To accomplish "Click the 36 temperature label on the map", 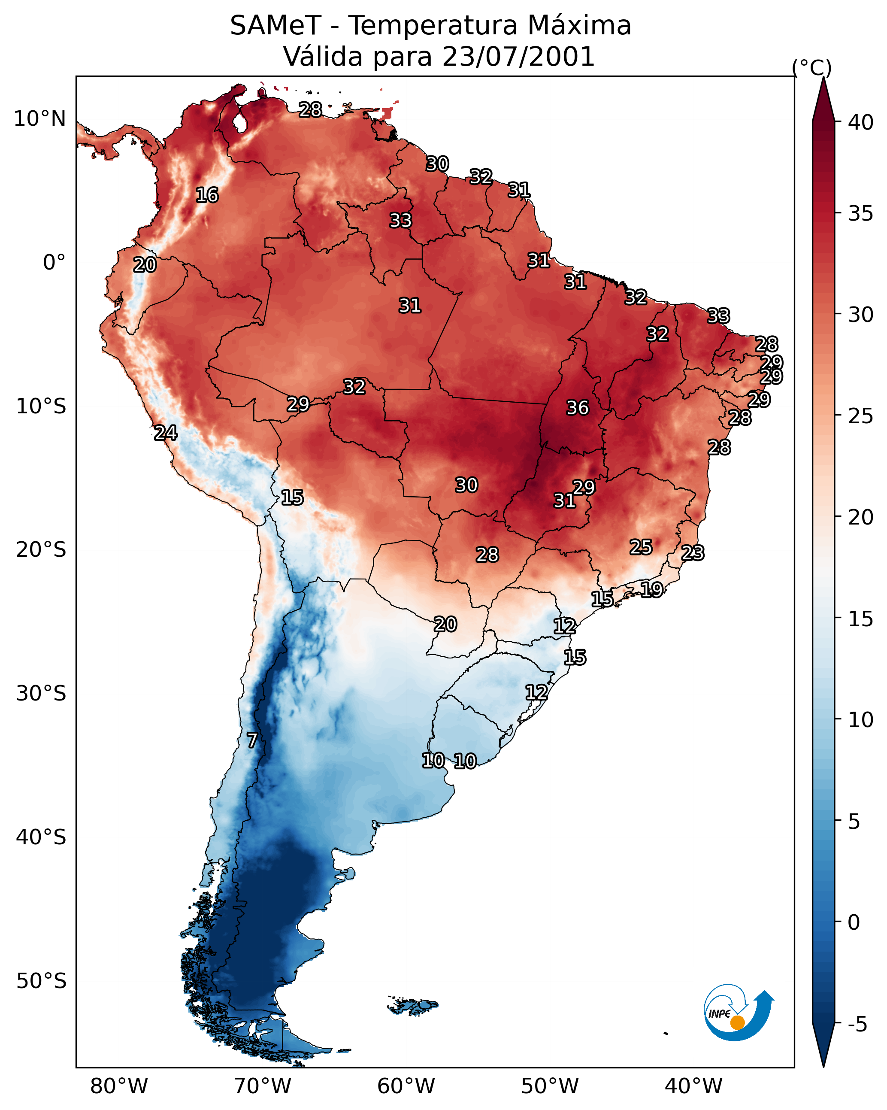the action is click(x=577, y=408).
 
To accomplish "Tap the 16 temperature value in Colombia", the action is click(x=207, y=195).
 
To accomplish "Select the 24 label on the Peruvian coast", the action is click(x=166, y=433).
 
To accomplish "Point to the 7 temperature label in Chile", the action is click(x=252, y=740).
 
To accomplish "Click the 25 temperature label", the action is click(x=641, y=547).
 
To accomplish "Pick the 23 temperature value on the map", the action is click(x=693, y=553).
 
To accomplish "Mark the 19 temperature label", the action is click(x=652, y=589).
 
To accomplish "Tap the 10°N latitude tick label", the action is click(x=39, y=119).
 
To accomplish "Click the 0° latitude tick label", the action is click(x=54, y=263).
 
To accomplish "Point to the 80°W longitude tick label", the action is click(x=119, y=1086).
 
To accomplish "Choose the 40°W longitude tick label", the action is click(x=693, y=1086).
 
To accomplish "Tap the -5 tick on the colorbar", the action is click(x=857, y=1025).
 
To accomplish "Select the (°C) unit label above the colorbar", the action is click(x=812, y=67).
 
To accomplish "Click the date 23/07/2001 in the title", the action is click(x=518, y=57).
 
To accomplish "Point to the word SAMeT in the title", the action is click(x=276, y=26).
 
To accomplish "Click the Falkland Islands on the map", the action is click(x=413, y=1005).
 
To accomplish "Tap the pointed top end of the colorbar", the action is click(x=823, y=77).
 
